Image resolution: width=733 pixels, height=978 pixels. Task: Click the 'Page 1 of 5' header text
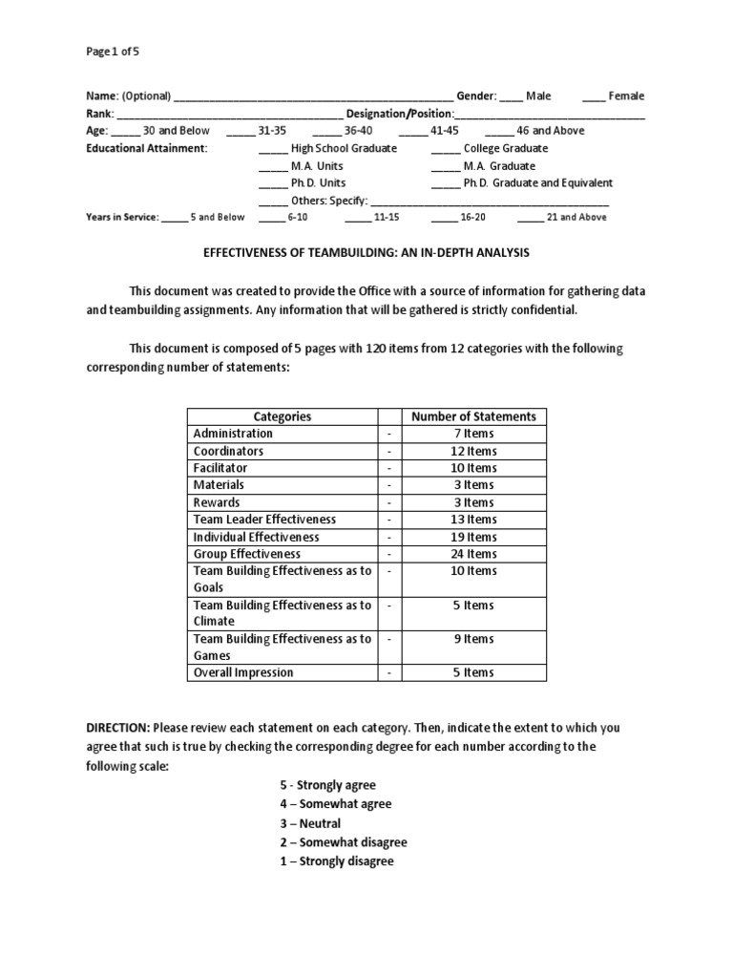(x=113, y=53)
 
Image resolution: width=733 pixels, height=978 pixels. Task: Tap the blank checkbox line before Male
(x=511, y=96)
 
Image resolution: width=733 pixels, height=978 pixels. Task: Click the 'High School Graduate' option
(x=344, y=148)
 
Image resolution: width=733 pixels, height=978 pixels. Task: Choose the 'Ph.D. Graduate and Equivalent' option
(x=537, y=182)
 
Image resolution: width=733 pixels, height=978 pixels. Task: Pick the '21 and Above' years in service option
(x=576, y=217)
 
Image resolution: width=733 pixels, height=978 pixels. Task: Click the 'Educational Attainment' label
(x=146, y=148)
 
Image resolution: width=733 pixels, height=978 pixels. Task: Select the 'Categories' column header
(x=282, y=416)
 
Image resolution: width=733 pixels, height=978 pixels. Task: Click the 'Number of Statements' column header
(x=473, y=416)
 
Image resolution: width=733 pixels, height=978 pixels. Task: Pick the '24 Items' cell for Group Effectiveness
(x=473, y=554)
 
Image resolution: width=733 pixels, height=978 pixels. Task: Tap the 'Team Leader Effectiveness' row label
(x=264, y=520)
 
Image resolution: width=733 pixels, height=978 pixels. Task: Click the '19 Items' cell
(x=473, y=537)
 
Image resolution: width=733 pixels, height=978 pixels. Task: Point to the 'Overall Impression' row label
(x=243, y=672)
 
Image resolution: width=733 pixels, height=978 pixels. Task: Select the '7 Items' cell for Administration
(x=473, y=434)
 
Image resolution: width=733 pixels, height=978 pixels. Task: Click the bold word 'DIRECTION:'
(x=118, y=728)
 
